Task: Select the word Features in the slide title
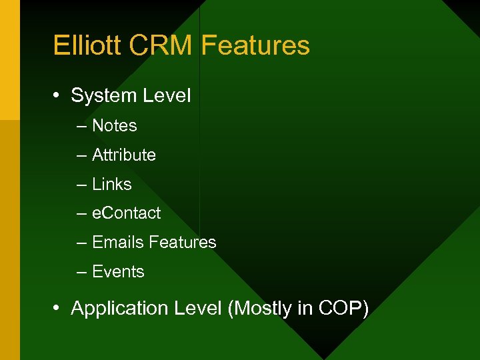pyautogui.click(x=255, y=45)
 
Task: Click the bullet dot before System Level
pyautogui.click(x=59, y=96)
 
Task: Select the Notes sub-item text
pyautogui.click(x=114, y=125)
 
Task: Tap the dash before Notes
pyautogui.click(x=81, y=126)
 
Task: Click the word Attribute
pyautogui.click(x=123, y=155)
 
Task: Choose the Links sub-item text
pyautogui.click(x=111, y=184)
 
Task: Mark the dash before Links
pyautogui.click(x=81, y=185)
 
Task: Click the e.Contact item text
pyautogui.click(x=126, y=213)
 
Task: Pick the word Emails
pyautogui.click(x=118, y=242)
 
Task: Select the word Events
pyautogui.click(x=118, y=271)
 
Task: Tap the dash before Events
pyautogui.click(x=81, y=272)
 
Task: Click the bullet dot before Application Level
pyautogui.click(x=59, y=309)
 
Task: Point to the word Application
pyautogui.click(x=117, y=309)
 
